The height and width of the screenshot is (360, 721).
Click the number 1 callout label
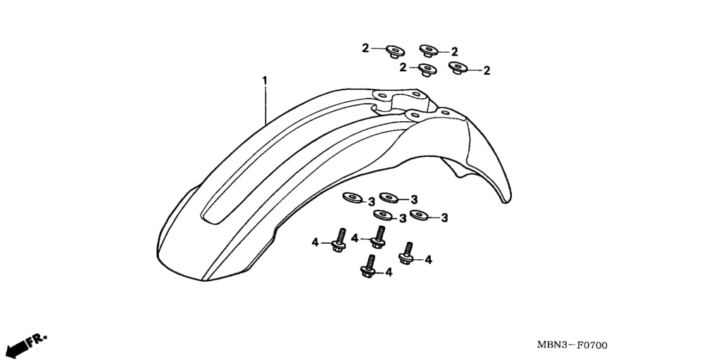point(265,80)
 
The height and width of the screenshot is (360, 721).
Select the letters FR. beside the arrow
point(37,340)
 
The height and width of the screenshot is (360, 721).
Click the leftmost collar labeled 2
point(395,51)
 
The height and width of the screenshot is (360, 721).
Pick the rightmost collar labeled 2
point(458,68)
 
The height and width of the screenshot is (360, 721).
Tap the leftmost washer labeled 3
point(352,197)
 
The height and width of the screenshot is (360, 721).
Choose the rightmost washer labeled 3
point(420,214)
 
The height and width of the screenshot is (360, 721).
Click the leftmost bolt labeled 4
point(339,240)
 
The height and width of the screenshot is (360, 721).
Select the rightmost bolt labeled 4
point(406,253)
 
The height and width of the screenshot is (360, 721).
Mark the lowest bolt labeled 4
point(368,266)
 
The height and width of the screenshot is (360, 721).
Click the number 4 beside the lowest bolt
point(389,273)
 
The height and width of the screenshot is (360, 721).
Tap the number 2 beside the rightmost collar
point(487,71)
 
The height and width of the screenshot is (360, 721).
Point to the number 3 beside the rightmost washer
point(444,218)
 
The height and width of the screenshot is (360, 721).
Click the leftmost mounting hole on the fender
point(381,95)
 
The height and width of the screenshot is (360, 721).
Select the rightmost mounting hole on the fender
point(445,112)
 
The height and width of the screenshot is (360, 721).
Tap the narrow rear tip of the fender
point(506,199)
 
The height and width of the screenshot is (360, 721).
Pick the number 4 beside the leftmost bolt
point(315,242)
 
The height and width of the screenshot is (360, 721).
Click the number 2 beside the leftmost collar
point(365,48)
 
